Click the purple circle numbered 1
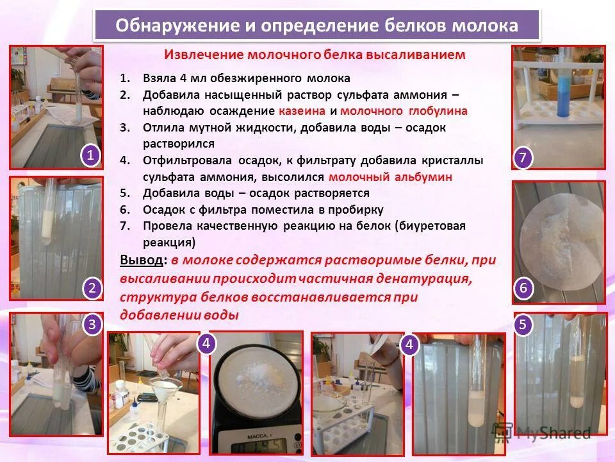[x=90, y=156]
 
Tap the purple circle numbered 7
[x=523, y=157]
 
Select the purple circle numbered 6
[x=523, y=289]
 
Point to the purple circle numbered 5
[x=523, y=325]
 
